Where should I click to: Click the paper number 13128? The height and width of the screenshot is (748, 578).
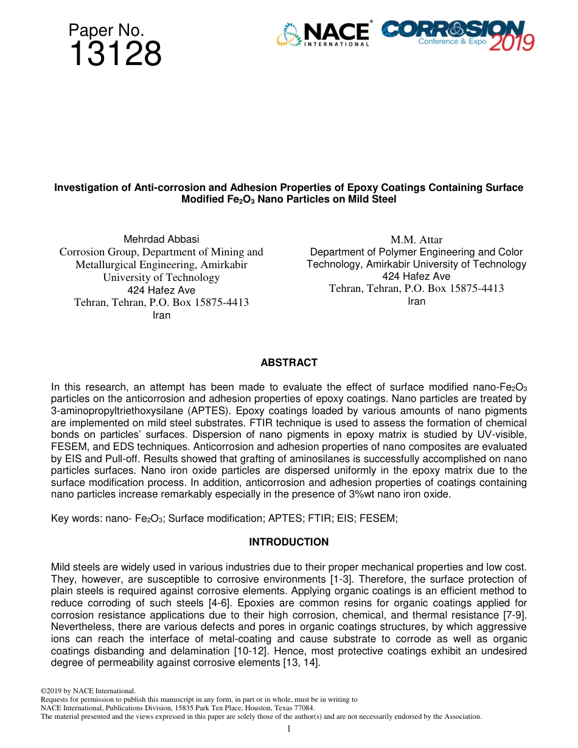point(115,54)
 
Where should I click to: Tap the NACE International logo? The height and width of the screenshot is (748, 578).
point(323,35)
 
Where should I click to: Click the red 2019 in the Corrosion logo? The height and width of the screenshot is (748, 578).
point(512,42)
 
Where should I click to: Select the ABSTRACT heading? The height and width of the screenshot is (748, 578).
point(289,362)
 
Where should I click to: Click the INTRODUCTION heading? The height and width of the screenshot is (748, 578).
point(289,542)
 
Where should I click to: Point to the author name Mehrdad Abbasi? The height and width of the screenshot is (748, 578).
point(161,239)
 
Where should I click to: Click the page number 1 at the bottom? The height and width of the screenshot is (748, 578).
point(289,729)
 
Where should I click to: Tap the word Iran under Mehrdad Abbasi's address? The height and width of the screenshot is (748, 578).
point(161,315)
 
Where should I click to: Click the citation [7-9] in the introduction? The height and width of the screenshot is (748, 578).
point(513,615)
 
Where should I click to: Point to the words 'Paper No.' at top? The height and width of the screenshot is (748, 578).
point(106,30)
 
